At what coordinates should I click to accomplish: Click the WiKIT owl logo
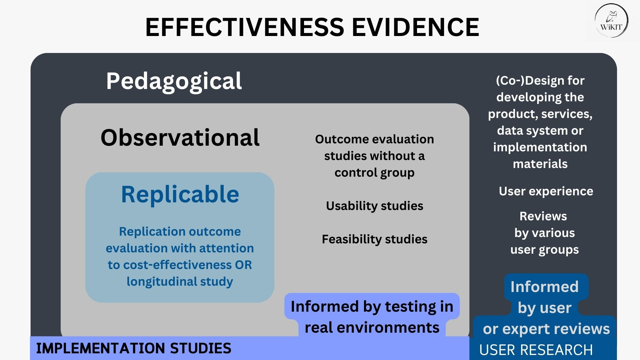[x=611, y=21]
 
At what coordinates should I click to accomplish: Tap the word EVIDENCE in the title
[x=415, y=27]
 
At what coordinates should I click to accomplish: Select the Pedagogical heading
[x=174, y=81]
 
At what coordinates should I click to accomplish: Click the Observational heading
[x=180, y=138]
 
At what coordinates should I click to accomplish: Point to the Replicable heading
[x=180, y=194]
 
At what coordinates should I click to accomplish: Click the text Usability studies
[x=374, y=206]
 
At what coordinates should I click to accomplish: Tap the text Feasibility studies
[x=374, y=239]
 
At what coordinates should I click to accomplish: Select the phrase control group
[x=374, y=173]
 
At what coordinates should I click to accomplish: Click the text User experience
[x=546, y=191]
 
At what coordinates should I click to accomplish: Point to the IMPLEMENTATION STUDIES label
[x=133, y=348]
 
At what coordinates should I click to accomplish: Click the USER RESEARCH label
[x=536, y=350]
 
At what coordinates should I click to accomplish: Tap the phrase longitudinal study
[x=180, y=282]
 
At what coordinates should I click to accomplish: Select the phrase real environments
[x=372, y=328]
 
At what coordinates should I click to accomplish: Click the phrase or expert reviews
[x=546, y=329]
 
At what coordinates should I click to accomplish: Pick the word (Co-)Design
[x=523, y=81]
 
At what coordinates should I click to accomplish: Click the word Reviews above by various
[x=543, y=216]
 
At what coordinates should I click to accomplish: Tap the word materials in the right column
[x=540, y=164]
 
